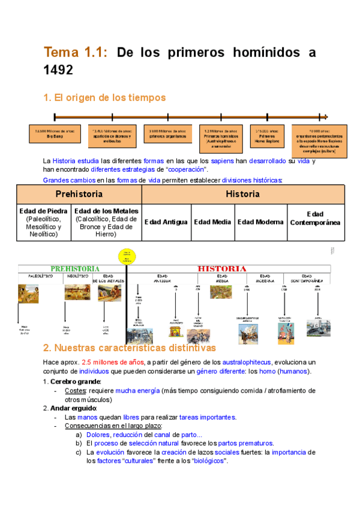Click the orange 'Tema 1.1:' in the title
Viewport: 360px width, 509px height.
point(76,53)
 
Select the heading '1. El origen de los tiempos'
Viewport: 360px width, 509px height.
point(104,97)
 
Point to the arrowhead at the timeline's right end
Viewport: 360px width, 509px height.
point(325,117)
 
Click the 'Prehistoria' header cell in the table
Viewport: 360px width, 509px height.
point(79,194)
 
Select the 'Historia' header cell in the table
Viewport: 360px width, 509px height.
point(242,194)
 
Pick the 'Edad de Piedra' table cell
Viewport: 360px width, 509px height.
point(44,222)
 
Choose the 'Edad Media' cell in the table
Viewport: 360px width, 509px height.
point(212,222)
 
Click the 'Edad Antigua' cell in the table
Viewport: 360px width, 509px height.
point(166,222)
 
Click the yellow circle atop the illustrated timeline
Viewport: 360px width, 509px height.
point(127,255)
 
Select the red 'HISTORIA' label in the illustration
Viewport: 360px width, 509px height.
point(222,268)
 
